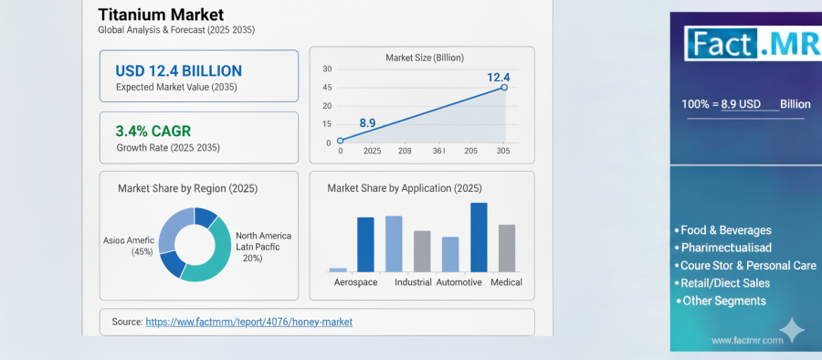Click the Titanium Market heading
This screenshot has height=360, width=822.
[x=160, y=14]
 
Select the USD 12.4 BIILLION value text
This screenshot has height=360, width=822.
[x=178, y=70]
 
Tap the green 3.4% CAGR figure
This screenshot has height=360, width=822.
[x=153, y=131]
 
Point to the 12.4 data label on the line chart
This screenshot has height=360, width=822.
[x=498, y=77]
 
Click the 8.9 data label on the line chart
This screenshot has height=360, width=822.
[x=367, y=122]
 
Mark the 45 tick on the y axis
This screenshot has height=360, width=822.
[x=327, y=88]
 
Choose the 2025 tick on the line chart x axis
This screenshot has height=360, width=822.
[x=372, y=152]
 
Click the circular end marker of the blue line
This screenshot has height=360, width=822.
[x=503, y=88]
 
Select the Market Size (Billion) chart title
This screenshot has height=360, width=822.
[x=424, y=58]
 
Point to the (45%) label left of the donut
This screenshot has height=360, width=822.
[x=142, y=251]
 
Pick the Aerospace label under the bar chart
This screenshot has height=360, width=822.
[x=354, y=282]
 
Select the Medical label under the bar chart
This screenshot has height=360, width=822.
[x=506, y=282]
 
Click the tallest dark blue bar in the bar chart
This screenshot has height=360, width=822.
[x=479, y=237]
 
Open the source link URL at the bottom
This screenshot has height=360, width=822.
[x=248, y=322]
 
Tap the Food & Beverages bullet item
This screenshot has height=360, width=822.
[x=724, y=230]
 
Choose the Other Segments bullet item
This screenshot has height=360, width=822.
[x=722, y=301]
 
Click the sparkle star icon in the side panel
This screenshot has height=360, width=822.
[x=793, y=330]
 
